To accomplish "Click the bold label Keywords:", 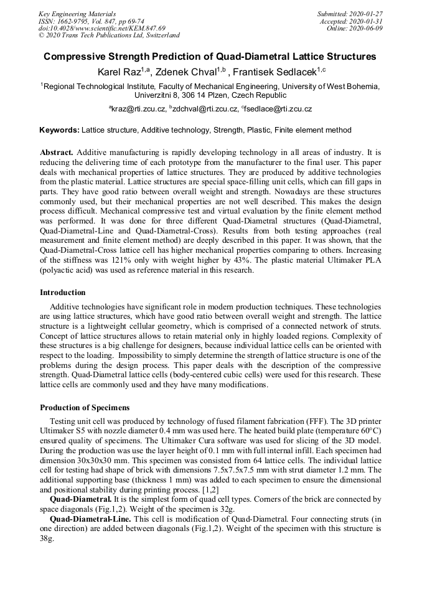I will click(59, 130).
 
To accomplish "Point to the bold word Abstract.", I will click(57, 153).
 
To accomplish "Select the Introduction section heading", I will click(63, 292).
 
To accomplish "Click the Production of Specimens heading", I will click(85, 408).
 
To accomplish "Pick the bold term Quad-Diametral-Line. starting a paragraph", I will click(86, 519).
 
